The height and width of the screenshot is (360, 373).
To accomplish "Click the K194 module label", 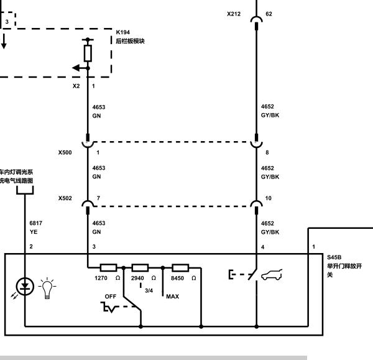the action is click(x=122, y=32).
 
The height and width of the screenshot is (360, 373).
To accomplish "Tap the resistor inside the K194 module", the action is click(x=88, y=53).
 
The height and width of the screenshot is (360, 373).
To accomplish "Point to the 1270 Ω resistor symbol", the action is click(x=108, y=268).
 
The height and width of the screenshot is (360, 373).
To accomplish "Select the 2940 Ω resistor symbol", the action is click(x=140, y=268).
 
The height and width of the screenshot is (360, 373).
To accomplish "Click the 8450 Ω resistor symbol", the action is click(x=180, y=268).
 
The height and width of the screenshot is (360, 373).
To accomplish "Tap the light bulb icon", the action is click(x=47, y=288).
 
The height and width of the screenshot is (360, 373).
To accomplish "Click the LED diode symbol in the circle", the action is click(x=25, y=287).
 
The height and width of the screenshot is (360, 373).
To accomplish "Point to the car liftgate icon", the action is click(x=272, y=275).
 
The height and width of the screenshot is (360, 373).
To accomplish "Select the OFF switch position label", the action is click(x=111, y=297).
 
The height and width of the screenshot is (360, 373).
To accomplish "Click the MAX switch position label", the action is click(x=172, y=297).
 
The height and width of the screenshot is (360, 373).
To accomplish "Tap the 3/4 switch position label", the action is click(x=149, y=290).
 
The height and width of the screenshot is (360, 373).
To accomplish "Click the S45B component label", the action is click(x=334, y=257).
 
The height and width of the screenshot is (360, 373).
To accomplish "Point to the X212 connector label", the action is click(x=234, y=14).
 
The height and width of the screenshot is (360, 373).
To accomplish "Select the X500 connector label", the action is click(x=65, y=152).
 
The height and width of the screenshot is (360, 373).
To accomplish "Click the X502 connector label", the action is click(x=65, y=198).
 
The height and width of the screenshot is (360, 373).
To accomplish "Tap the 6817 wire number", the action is click(x=35, y=223).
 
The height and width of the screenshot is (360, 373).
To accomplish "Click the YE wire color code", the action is click(x=34, y=232).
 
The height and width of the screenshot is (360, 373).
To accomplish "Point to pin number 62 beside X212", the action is click(x=269, y=14).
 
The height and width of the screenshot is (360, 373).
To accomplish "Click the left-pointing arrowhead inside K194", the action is click(x=76, y=68).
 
